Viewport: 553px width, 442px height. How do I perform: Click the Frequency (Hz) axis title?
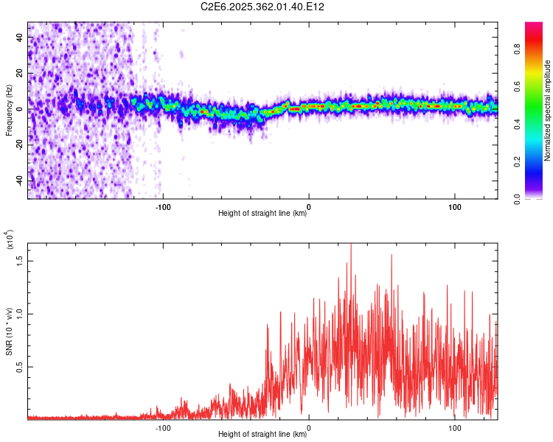[x=9, y=110]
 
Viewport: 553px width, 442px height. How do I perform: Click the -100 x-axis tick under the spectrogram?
[x=163, y=206]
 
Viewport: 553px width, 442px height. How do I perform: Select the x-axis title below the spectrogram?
[x=262, y=214]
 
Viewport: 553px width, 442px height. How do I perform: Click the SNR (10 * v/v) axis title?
[x=9, y=331]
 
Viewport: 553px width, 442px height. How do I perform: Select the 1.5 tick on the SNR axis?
[x=21, y=260]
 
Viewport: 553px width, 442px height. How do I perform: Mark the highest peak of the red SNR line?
[x=351, y=245]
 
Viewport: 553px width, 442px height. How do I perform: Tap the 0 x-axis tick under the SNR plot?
[x=309, y=427]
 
